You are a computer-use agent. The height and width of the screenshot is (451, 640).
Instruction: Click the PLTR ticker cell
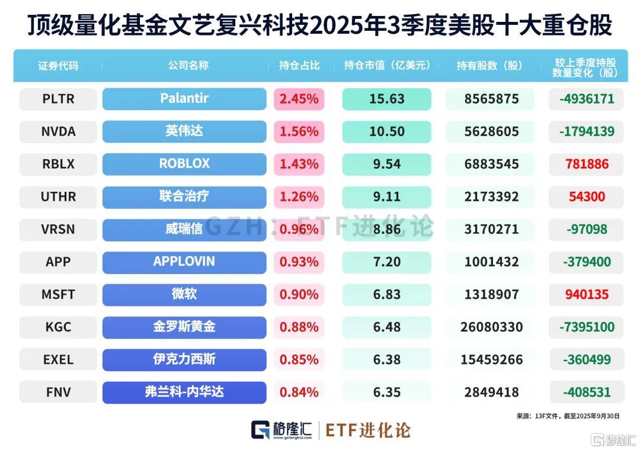pos(58,99)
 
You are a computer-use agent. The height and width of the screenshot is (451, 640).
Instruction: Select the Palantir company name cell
pos(184,99)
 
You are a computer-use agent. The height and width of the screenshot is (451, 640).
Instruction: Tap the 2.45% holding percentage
pos(299,99)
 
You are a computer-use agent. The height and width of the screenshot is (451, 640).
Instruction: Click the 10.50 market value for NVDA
pos(386,131)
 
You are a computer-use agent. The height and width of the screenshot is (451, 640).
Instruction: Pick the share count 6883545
pos(489,164)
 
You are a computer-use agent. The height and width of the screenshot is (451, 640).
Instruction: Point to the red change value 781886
pos(586,164)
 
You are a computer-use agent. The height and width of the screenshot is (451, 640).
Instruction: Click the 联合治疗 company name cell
pos(184,196)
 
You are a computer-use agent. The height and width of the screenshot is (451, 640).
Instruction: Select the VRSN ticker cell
pos(58,229)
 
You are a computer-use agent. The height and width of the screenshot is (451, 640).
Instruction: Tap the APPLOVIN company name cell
pos(184,262)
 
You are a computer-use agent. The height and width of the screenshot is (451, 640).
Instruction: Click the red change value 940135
pos(586,294)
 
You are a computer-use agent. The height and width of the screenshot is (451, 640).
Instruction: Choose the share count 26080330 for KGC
pos(489,327)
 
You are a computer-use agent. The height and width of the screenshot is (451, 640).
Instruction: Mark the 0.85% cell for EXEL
pos(299,359)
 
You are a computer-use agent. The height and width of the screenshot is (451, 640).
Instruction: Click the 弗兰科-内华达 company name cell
pos(184,392)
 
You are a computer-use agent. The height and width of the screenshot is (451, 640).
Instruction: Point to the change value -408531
pos(586,392)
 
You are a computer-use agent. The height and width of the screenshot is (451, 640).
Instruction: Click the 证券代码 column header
pos(58,66)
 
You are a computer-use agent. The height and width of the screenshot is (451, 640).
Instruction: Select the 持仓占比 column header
pos(299,66)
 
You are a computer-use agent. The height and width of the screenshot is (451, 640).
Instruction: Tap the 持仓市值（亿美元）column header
pos(386,66)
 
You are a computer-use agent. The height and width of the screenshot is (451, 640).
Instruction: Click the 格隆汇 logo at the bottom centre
pos(281,430)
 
